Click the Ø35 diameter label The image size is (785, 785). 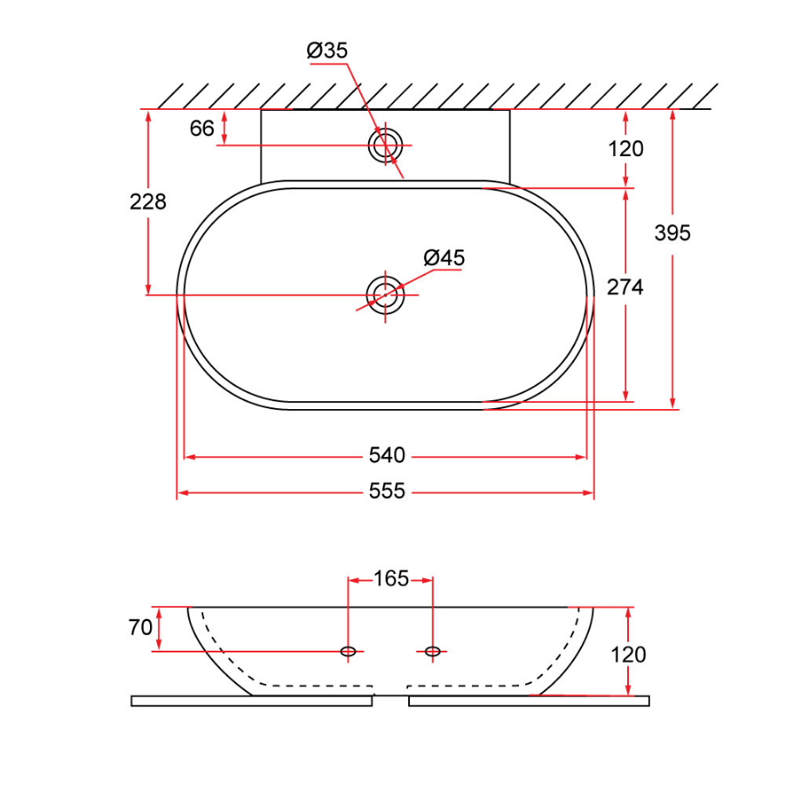[x=327, y=51]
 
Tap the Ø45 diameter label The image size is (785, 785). [x=444, y=258]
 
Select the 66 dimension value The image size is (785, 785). [x=201, y=128]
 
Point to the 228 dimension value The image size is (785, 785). [x=147, y=201]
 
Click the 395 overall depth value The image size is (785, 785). [x=672, y=233]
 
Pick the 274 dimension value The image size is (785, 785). [x=625, y=286]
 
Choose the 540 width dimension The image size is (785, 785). [x=386, y=455]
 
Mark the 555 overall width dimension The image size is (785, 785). [x=386, y=492]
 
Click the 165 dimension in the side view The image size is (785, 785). [x=391, y=578]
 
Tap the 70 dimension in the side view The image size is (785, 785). [x=140, y=627]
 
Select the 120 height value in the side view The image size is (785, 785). [x=628, y=654]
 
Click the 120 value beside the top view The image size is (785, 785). [x=625, y=149]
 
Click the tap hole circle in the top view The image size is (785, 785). [x=385, y=145]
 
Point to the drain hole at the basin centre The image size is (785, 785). [x=385, y=295]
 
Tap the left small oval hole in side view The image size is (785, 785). [x=348, y=651]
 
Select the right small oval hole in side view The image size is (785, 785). [x=432, y=651]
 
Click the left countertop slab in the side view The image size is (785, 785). [x=251, y=700]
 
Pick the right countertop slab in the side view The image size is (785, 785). [x=529, y=700]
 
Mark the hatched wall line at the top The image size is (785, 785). [x=436, y=95]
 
